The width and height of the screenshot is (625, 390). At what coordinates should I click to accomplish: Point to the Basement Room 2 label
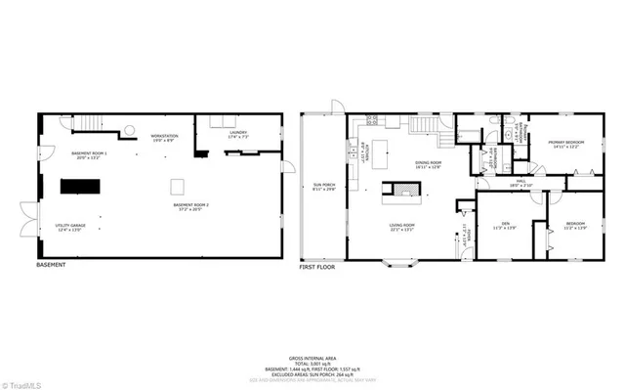click(192, 207)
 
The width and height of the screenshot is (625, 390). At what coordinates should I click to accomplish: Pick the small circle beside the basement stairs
click(127, 128)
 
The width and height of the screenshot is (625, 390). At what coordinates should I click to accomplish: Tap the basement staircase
click(89, 122)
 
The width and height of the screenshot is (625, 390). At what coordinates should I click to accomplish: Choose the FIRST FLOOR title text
click(318, 266)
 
